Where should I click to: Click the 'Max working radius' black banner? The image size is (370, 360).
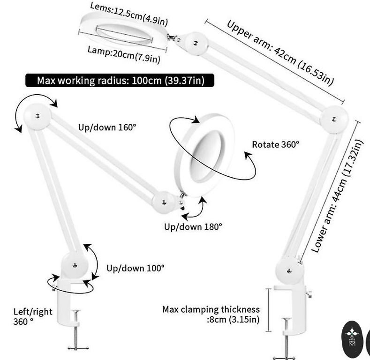[120, 81]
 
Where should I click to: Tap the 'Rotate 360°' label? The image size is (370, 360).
[275, 144]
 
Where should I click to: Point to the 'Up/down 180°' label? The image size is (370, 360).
[193, 227]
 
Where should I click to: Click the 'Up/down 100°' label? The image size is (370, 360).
[136, 268]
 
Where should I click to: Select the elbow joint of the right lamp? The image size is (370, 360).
[334, 117]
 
